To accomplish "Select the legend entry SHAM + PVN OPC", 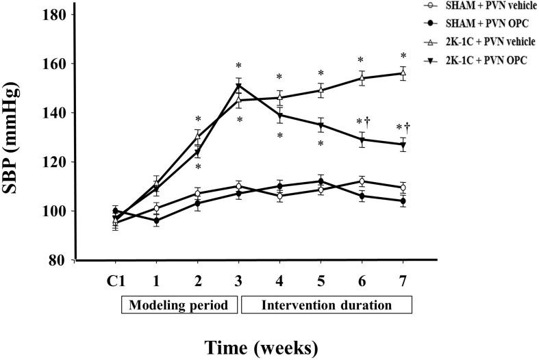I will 479,23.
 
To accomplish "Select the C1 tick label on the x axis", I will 115,280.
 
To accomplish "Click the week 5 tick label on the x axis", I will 321,280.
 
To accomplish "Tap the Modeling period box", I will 179,303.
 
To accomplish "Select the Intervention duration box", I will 326,303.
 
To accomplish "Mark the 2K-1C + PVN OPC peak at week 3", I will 238,86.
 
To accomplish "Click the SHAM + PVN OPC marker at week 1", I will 156,221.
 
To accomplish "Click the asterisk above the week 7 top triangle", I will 403,56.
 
